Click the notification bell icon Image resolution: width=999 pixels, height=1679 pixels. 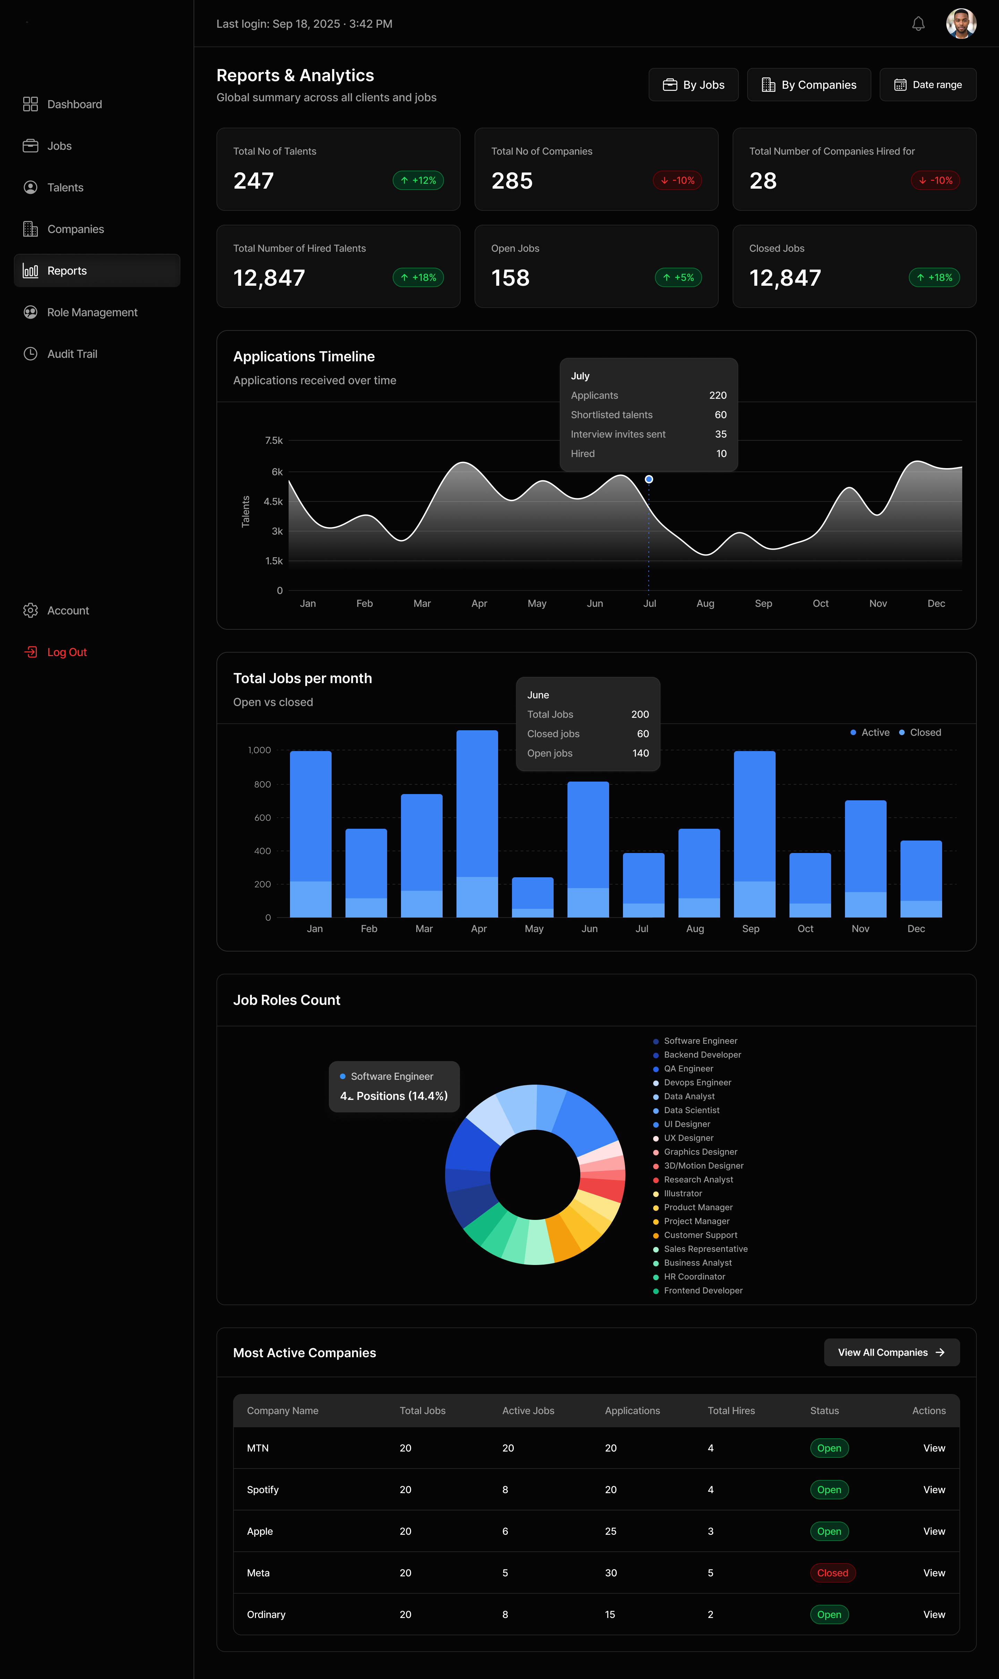[x=918, y=24]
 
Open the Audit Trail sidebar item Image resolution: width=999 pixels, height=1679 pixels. [x=72, y=354]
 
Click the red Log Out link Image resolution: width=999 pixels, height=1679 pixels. [x=67, y=652]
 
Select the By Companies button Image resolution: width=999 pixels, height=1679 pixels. [x=809, y=85]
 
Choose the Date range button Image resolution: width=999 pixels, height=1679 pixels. [x=928, y=85]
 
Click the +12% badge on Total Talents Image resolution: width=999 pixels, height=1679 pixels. [x=418, y=180]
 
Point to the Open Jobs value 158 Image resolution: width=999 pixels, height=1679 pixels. [x=510, y=278]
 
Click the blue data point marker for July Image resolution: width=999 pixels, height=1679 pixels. [x=649, y=479]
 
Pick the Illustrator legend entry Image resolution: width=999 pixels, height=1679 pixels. [x=683, y=1193]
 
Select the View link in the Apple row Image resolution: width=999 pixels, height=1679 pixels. [x=934, y=1531]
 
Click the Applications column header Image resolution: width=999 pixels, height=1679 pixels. [x=632, y=1411]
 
